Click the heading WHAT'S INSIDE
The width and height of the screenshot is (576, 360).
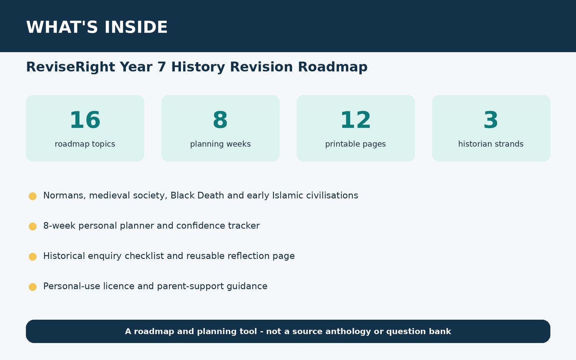97,27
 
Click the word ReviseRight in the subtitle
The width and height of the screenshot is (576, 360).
70,67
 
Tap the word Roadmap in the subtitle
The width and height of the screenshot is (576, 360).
333,67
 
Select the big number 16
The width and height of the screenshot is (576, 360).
85,120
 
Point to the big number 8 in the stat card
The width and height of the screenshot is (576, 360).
220,120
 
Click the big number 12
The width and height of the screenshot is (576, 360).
356,120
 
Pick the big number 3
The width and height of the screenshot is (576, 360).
491,120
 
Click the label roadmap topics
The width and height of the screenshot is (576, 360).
85,144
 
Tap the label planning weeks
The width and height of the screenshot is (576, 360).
220,144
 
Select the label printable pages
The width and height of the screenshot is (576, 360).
356,144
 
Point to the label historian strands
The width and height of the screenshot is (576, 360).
491,144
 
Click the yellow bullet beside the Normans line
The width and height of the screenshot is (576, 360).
33,196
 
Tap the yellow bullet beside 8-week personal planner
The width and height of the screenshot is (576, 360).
33,226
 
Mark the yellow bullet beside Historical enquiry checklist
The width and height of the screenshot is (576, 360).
33,257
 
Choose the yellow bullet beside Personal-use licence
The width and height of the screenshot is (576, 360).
33,287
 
